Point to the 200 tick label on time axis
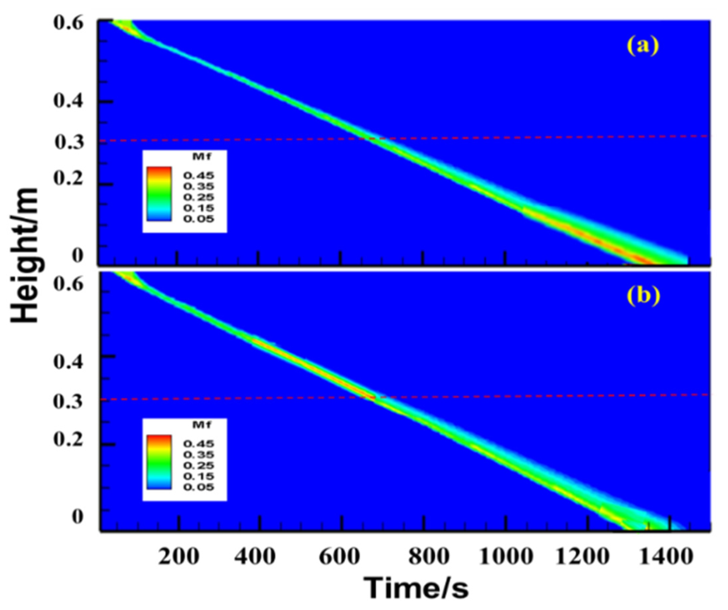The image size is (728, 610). (179, 557)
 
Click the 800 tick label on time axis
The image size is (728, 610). (429, 557)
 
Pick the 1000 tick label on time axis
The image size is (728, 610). (507, 557)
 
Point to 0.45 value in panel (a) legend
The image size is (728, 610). (199, 175)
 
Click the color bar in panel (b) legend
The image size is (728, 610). (159, 462)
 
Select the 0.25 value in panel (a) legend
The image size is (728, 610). (199, 197)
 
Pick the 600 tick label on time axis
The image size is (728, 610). (338, 557)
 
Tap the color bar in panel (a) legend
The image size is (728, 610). (159, 194)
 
